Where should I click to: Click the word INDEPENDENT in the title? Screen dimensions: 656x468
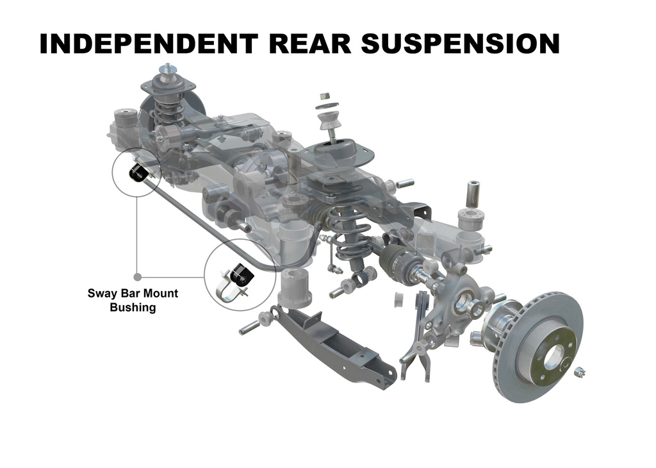149,44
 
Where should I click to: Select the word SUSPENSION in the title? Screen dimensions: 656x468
460,44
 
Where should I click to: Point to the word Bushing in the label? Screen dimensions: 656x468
133,307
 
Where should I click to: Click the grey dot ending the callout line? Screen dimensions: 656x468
137,277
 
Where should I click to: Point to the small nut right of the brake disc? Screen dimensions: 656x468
579,371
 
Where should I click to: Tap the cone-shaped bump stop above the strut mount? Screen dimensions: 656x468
328,121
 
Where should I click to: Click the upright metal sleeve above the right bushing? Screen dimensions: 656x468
473,194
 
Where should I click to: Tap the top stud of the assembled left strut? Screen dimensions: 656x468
168,67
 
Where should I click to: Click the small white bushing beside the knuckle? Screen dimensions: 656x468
399,299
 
